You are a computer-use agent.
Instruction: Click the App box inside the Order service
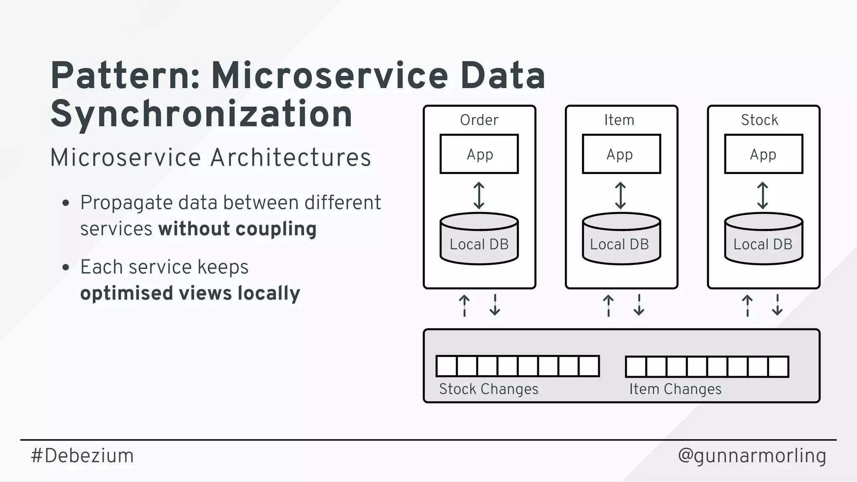click(x=479, y=154)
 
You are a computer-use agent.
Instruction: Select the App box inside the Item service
click(x=621, y=154)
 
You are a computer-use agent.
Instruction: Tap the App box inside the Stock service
click(x=764, y=154)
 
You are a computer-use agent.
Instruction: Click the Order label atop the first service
click(x=479, y=120)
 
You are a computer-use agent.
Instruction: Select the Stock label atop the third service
click(x=759, y=120)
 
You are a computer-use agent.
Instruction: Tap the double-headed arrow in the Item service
click(x=621, y=195)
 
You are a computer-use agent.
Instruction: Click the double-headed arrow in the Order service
click(x=479, y=195)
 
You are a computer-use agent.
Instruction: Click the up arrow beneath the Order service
click(x=464, y=305)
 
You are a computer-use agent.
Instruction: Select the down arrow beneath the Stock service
click(x=777, y=305)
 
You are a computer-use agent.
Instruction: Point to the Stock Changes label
click(x=488, y=389)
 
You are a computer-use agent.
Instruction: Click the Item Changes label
click(x=675, y=389)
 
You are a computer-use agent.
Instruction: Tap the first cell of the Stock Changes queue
click(x=446, y=366)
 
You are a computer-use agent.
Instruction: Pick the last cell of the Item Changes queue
click(x=778, y=367)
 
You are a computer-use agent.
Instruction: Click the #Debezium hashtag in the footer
click(x=82, y=456)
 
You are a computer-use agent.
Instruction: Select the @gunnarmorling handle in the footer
click(x=752, y=456)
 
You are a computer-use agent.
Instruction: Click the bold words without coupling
click(x=237, y=229)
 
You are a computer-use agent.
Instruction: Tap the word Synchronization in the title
click(x=201, y=114)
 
